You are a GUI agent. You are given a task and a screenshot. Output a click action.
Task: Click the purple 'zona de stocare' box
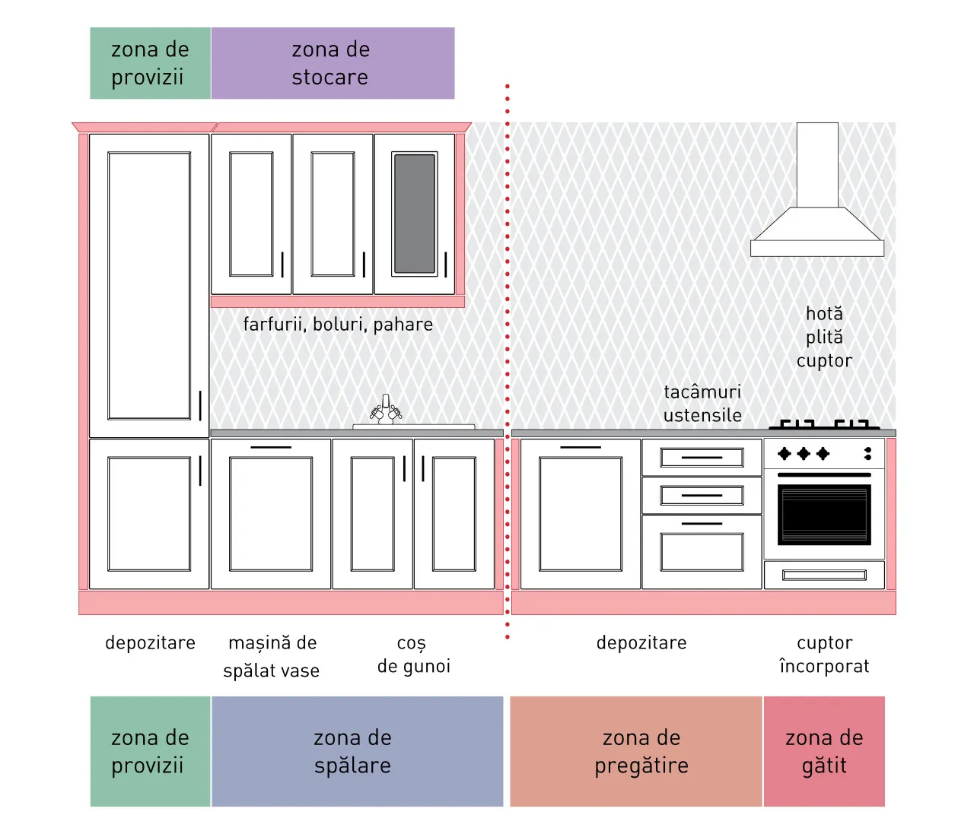[333, 63]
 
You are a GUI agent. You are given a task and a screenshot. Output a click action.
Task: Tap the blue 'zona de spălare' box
[357, 752]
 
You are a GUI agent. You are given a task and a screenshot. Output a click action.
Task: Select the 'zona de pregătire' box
[635, 752]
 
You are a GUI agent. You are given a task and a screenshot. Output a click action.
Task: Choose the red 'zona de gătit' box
[824, 752]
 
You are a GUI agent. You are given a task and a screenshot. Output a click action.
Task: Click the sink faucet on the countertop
[386, 409]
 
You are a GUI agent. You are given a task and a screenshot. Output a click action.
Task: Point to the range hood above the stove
[817, 189]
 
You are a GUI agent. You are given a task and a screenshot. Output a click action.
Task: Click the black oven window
[824, 515]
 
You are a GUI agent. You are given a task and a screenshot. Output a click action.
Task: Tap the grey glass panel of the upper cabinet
[415, 214]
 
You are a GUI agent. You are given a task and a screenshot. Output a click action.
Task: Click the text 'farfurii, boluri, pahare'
[338, 325]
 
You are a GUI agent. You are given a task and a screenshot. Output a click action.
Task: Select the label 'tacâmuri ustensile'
[702, 404]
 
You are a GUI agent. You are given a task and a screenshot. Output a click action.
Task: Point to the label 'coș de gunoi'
[414, 655]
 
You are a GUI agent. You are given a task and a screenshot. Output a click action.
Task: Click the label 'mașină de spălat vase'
[272, 656]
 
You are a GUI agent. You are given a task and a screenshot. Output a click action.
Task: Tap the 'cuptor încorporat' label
[824, 655]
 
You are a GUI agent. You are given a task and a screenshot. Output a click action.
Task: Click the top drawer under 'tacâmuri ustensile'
[702, 457]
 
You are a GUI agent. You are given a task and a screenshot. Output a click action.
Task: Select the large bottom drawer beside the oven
[702, 552]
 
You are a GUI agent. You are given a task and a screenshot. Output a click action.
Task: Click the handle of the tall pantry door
[200, 405]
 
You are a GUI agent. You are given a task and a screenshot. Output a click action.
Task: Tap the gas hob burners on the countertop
[824, 424]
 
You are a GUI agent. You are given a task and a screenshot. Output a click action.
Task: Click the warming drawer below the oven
[824, 575]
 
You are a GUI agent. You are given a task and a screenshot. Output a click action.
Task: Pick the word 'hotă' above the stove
[824, 314]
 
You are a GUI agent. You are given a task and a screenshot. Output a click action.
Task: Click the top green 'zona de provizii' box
[151, 63]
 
